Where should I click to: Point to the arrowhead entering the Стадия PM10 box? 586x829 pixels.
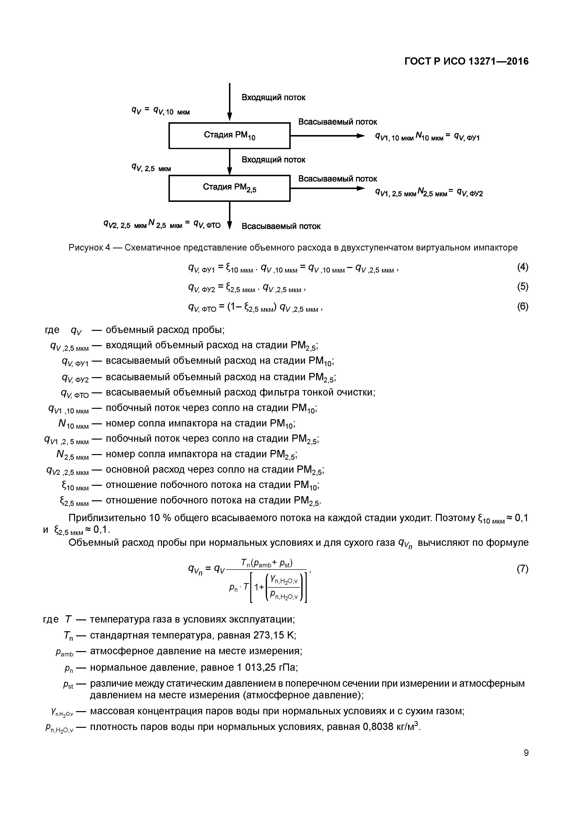(x=230, y=116)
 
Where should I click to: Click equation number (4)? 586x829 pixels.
(x=522, y=267)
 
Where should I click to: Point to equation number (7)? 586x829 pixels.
(x=522, y=569)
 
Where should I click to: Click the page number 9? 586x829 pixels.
(x=526, y=753)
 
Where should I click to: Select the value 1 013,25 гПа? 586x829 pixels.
(x=267, y=668)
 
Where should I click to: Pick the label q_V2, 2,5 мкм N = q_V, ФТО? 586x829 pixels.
(x=162, y=225)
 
